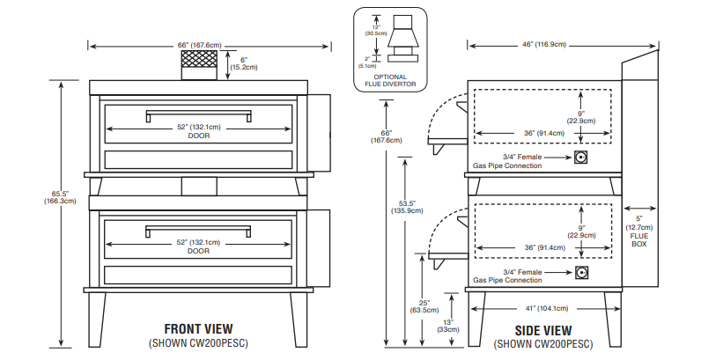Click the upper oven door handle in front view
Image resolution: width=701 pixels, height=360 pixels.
pos(198,113)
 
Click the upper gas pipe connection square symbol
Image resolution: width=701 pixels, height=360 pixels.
pos(581,158)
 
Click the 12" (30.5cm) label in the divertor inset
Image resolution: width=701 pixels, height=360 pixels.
pos(373,28)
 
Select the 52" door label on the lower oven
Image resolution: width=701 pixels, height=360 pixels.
pos(198,246)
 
